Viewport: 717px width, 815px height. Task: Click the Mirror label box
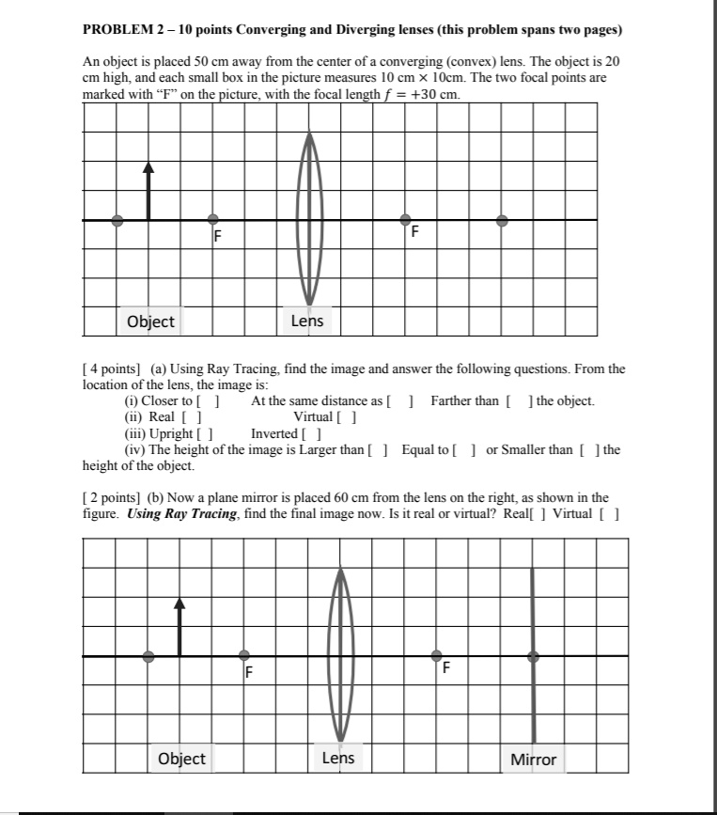coord(533,759)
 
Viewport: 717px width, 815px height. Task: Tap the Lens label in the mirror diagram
coord(337,758)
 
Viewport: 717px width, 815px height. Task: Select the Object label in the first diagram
coord(150,321)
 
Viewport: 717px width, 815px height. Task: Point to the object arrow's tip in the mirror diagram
coord(179,603)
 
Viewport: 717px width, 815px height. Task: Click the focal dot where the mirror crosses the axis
coord(533,655)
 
